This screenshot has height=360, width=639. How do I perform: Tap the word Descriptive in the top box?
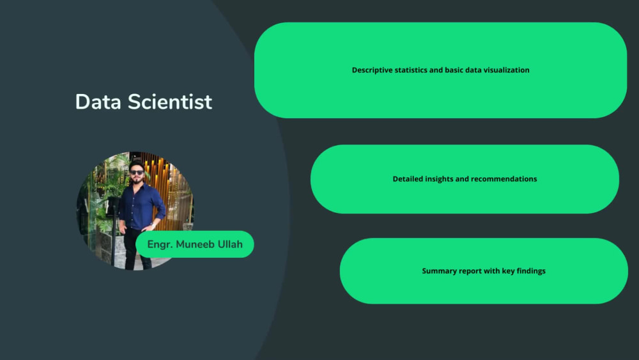click(373, 70)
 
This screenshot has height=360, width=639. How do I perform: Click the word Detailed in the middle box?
click(408, 179)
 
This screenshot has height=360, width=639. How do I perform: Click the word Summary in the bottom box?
click(438, 271)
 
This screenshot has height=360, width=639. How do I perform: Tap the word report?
click(469, 271)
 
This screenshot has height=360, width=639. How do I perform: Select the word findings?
click(530, 271)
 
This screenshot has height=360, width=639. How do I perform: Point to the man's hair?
click(136, 164)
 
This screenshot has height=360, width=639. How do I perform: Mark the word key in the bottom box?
click(503, 271)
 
